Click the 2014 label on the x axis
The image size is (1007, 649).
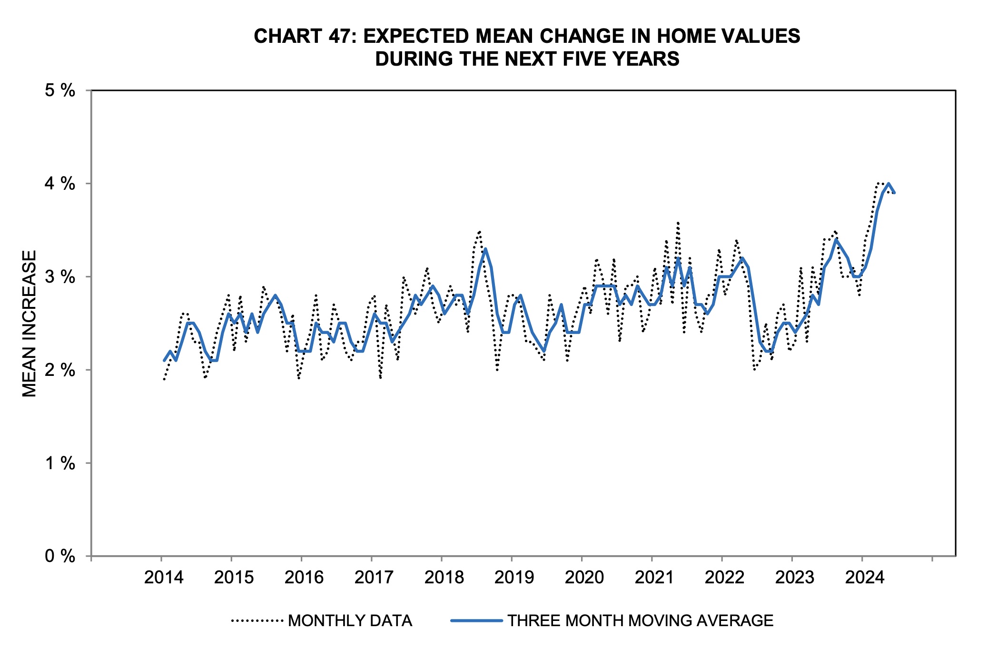coord(164,578)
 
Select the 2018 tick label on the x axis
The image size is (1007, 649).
coord(444,578)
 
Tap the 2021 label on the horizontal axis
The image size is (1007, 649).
coord(654,578)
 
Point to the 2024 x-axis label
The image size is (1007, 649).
coord(865,578)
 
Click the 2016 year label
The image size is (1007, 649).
coord(304,578)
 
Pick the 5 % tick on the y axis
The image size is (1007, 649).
coord(60,90)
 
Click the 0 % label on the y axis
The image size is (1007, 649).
coord(60,556)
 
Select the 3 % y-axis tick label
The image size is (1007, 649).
coord(60,277)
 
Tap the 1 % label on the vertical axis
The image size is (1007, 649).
coord(60,463)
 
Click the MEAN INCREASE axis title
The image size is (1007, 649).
coord(30,324)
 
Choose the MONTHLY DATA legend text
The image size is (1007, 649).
coord(350,621)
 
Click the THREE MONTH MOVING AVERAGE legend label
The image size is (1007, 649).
coord(640,621)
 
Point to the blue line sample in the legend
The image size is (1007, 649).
coord(476,620)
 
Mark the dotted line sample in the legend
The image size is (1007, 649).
coord(257,620)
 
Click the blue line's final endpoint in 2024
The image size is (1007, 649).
coord(894,193)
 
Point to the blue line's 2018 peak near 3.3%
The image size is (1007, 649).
coord(485,249)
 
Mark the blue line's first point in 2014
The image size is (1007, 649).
coord(164,361)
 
